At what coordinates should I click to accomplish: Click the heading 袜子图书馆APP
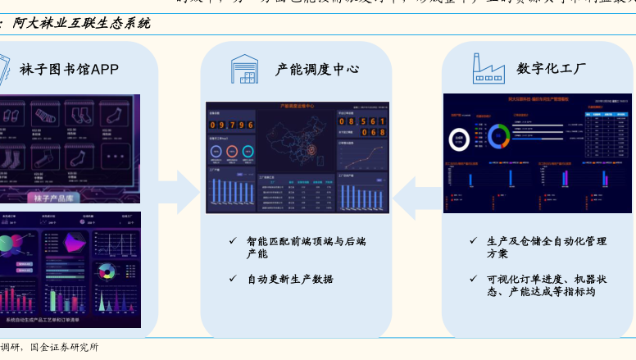point(70,70)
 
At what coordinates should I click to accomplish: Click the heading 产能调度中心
point(316,70)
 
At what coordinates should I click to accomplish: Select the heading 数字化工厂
point(551,70)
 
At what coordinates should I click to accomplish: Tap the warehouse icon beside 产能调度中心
point(244,69)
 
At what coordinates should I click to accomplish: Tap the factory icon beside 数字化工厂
point(488,69)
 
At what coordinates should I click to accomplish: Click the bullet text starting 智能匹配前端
point(306,247)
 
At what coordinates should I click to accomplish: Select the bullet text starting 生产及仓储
point(546,247)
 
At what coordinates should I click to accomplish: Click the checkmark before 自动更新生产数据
point(233,279)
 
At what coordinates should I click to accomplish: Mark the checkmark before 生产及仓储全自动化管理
point(473,241)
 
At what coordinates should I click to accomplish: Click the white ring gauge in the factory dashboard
point(461,140)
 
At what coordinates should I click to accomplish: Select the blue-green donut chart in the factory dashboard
point(498,135)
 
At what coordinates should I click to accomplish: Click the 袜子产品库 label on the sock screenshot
point(54,198)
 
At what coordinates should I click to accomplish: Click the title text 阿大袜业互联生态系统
point(81,24)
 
